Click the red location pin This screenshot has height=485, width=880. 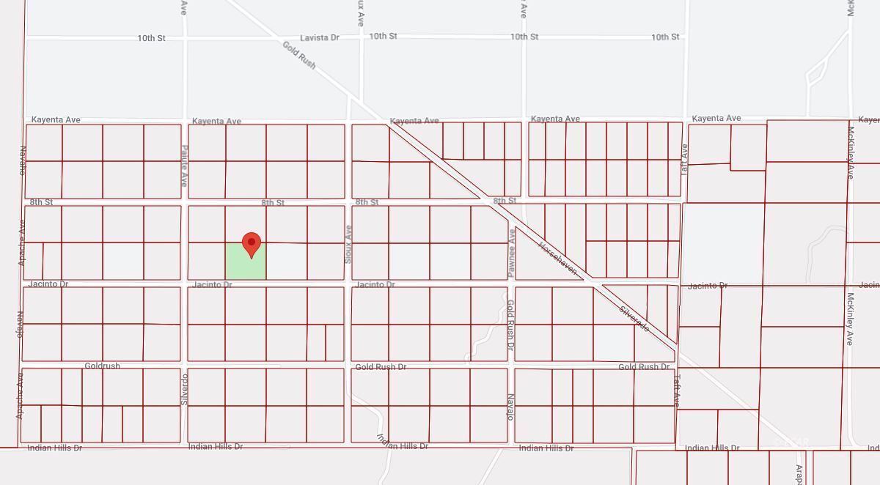coord(252,244)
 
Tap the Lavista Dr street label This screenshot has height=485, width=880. coord(320,37)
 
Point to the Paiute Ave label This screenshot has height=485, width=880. coord(184,165)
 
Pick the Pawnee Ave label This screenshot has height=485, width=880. coord(511,252)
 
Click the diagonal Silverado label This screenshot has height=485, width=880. coord(634,319)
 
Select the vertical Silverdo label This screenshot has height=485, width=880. coord(185,390)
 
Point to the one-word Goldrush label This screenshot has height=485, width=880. coord(102,366)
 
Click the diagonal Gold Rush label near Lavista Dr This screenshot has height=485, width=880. coord(299,55)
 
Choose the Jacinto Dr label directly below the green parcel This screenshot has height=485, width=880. coord(213,284)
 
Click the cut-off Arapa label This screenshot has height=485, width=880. coord(800,474)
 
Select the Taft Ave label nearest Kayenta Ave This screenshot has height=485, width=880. coord(685,155)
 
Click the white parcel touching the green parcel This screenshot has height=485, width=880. coord(287,261)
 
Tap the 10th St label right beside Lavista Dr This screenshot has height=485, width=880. coord(383,36)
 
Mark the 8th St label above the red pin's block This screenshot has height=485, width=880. coord(273,202)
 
